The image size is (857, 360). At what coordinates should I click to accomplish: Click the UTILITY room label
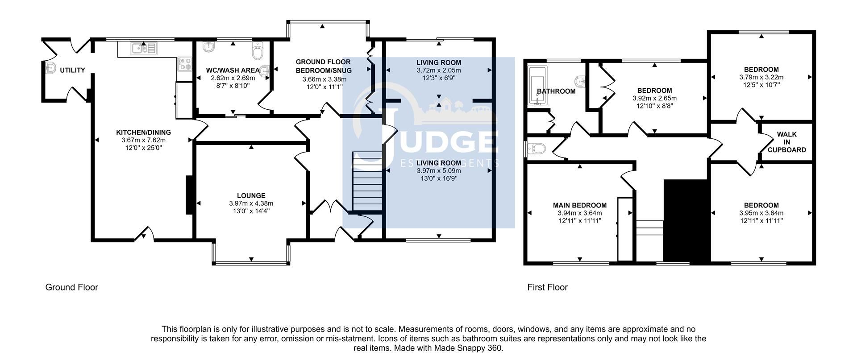(x=72, y=70)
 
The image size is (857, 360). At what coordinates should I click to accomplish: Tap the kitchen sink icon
(x=144, y=48)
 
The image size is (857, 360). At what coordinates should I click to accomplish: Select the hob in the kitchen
(x=184, y=65)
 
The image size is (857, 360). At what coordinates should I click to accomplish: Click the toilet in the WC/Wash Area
(x=258, y=52)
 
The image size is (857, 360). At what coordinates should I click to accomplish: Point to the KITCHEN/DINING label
(x=143, y=132)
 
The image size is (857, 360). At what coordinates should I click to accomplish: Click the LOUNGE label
(x=251, y=195)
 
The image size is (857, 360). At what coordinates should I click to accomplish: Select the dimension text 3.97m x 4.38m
(x=251, y=203)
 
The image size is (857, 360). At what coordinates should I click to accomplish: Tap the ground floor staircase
(x=368, y=182)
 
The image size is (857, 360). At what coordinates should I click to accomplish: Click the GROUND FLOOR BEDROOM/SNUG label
(x=323, y=66)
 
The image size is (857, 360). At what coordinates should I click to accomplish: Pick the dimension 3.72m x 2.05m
(x=438, y=70)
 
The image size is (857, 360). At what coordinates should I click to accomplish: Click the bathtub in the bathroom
(x=534, y=86)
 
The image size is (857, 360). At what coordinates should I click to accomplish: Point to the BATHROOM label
(x=556, y=91)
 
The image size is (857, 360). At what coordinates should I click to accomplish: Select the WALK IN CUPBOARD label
(x=786, y=142)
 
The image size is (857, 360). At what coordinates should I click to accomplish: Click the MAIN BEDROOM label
(x=579, y=205)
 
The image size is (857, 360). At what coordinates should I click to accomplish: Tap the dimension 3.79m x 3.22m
(x=761, y=77)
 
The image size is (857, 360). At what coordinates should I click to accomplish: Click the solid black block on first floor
(x=686, y=220)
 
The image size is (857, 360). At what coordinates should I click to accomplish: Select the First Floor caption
(x=547, y=287)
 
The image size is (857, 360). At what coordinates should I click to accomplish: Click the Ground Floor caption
(x=71, y=287)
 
